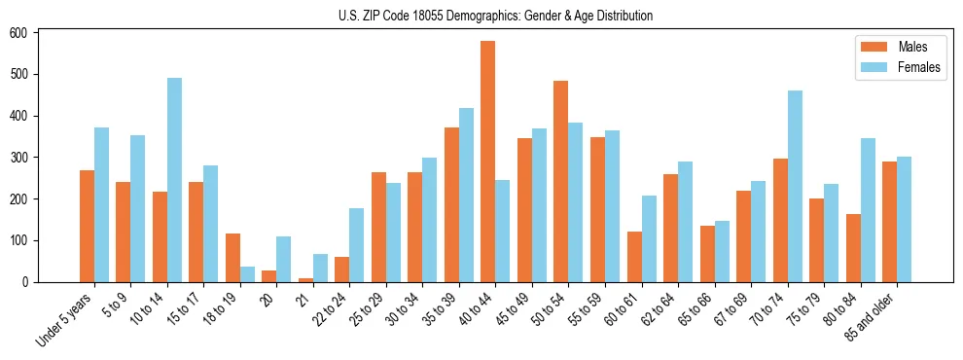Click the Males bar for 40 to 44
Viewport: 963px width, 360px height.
488,162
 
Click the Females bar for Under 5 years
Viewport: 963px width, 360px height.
101,204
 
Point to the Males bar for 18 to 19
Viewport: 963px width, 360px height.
232,258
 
